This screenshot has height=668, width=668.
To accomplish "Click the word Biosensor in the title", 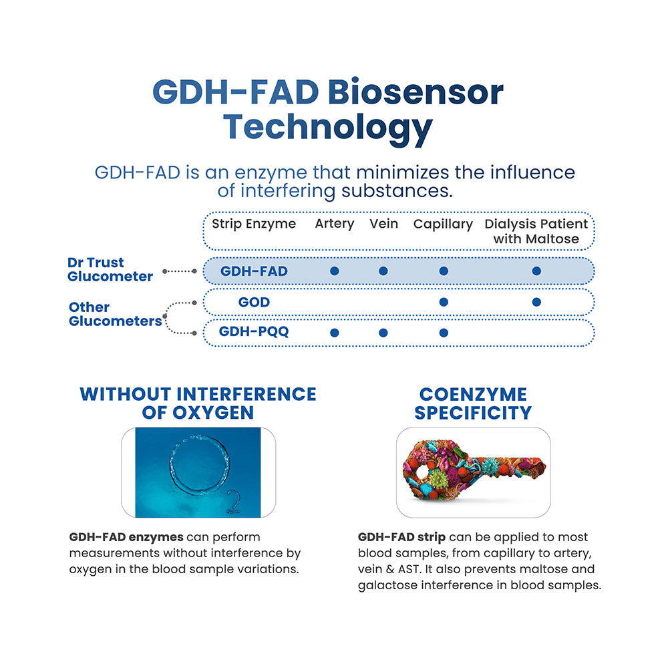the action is [x=415, y=92].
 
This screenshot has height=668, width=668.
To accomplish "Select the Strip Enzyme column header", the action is [x=254, y=224].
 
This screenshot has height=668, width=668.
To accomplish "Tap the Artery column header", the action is [x=335, y=224].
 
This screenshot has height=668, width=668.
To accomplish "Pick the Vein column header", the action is [x=384, y=224].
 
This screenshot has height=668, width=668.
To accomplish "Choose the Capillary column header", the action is [x=443, y=224].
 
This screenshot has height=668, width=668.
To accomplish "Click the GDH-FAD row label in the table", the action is [x=254, y=271].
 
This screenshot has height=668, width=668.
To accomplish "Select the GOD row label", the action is [x=254, y=302].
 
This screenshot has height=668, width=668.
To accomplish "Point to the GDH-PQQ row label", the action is [x=254, y=331].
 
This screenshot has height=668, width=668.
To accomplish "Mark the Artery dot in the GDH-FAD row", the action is [x=335, y=271].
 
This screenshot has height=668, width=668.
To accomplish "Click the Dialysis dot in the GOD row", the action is [x=536, y=302].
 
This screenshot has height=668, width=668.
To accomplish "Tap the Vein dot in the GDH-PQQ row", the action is [x=383, y=333].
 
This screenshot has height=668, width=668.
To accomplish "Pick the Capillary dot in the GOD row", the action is [x=444, y=302].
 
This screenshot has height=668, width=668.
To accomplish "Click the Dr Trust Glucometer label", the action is [x=110, y=269].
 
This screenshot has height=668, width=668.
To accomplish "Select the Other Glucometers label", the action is [x=115, y=314].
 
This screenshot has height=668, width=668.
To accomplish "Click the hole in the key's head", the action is [x=423, y=472].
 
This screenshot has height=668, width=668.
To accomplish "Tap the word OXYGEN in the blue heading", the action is [x=213, y=413].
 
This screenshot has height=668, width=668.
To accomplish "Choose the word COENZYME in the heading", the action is [x=474, y=395].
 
